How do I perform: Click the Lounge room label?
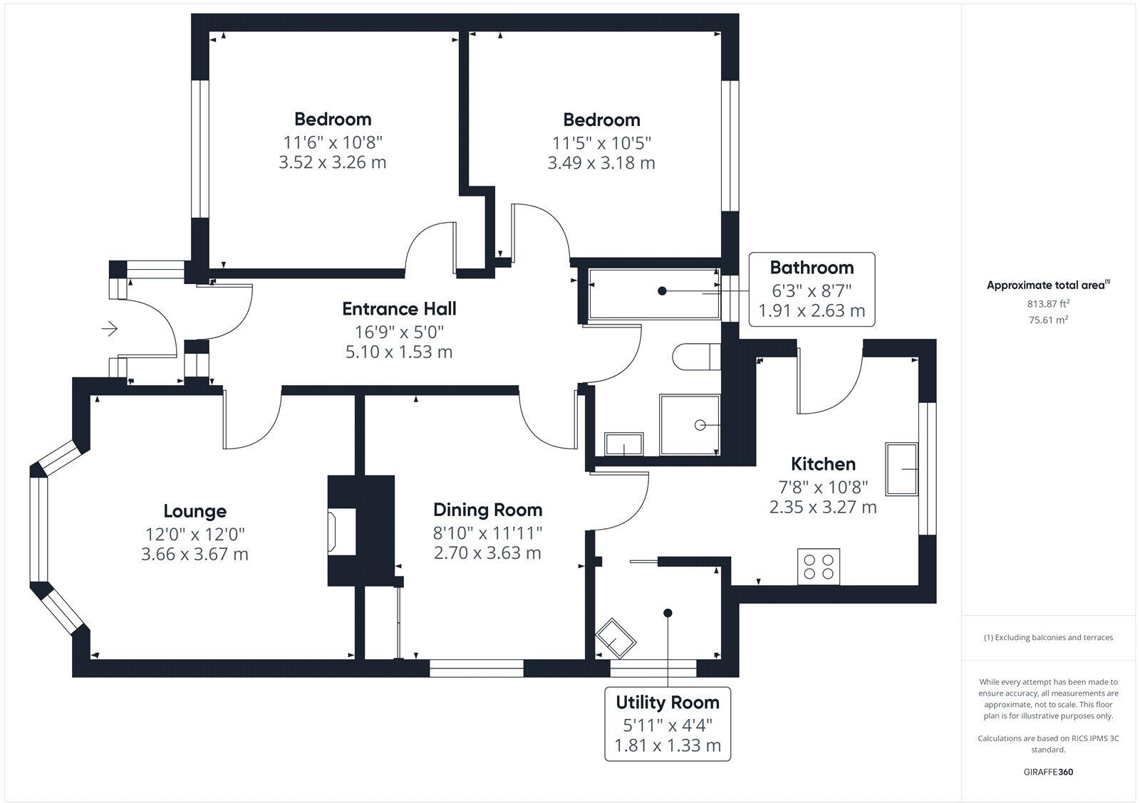pyautogui.click(x=195, y=511)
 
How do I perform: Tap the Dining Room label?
pyautogui.click(x=487, y=510)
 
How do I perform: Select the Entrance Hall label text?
pyautogui.click(x=399, y=309)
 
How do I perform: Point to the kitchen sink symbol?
pyautogui.click(x=901, y=468)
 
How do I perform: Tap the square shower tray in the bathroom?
pyautogui.click(x=689, y=425)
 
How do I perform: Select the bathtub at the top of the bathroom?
pyautogui.click(x=653, y=293)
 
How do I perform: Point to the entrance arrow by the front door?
pyautogui.click(x=110, y=329)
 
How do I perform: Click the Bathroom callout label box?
pyautogui.click(x=812, y=289)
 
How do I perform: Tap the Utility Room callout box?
pyautogui.click(x=668, y=723)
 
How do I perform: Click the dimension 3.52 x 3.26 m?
pyautogui.click(x=332, y=162)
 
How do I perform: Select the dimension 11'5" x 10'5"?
pyautogui.click(x=601, y=142)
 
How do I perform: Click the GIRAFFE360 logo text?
pyautogui.click(x=1048, y=772)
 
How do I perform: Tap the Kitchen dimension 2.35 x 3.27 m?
pyautogui.click(x=823, y=508)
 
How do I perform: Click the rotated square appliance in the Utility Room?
pyautogui.click(x=615, y=639)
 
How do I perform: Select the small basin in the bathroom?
pyautogui.click(x=623, y=444)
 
